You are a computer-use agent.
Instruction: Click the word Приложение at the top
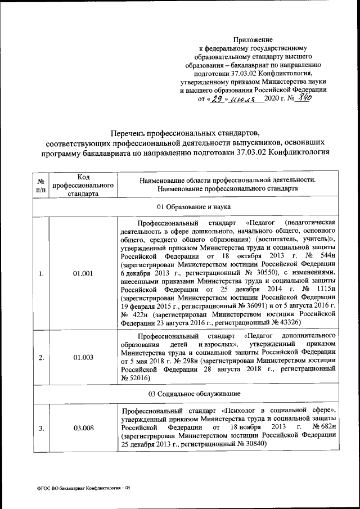[x=253, y=40]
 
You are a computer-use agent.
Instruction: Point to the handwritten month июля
[x=243, y=99]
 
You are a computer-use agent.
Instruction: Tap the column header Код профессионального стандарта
[x=83, y=184]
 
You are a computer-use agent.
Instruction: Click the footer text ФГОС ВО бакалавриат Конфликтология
[x=81, y=488]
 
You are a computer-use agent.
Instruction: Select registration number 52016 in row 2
[x=138, y=380]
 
